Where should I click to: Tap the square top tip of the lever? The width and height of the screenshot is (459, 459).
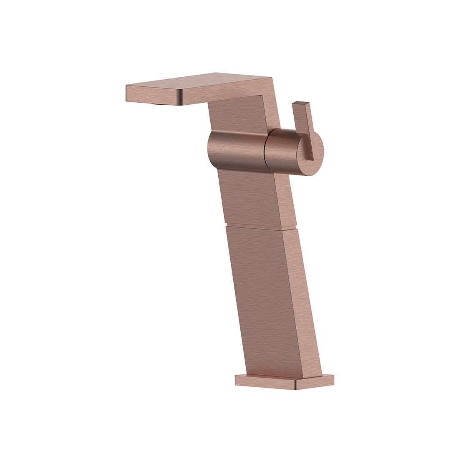click(301, 103)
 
